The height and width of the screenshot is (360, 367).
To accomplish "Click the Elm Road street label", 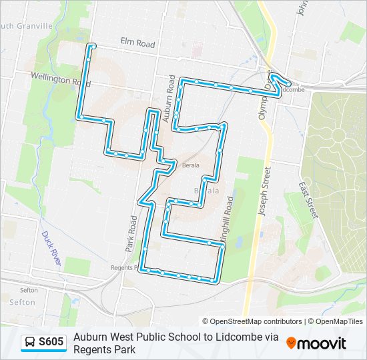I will pyautogui.click(x=137, y=44).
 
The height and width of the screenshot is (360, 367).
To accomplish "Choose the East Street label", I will pyautogui.click(x=308, y=200).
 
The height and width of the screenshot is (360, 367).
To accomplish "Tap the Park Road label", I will pyautogui.click(x=130, y=233).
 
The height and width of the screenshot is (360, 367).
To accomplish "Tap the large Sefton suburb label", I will pyautogui.click(x=22, y=302).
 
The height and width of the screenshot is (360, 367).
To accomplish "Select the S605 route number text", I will pyautogui.click(x=51, y=342).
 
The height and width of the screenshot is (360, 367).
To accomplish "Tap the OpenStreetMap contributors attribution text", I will pyautogui.click(x=252, y=321).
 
